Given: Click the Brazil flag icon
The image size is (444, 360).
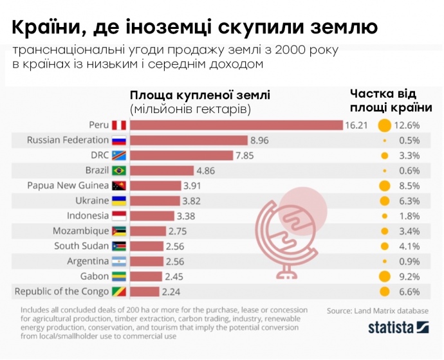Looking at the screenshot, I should [x=119, y=170].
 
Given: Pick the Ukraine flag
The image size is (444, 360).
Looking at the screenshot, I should [x=119, y=201].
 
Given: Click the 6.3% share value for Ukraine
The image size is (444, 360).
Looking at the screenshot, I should [x=409, y=201].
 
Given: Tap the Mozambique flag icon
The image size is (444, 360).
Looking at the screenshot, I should [x=119, y=231].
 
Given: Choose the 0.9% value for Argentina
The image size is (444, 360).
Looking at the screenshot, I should [x=409, y=261].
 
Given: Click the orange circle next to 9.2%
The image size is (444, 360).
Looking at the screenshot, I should [x=385, y=276].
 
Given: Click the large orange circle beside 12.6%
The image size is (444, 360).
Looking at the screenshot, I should [x=385, y=125].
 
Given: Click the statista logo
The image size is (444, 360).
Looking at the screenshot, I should [x=394, y=328].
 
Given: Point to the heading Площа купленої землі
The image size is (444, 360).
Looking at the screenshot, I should [x=200, y=95].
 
